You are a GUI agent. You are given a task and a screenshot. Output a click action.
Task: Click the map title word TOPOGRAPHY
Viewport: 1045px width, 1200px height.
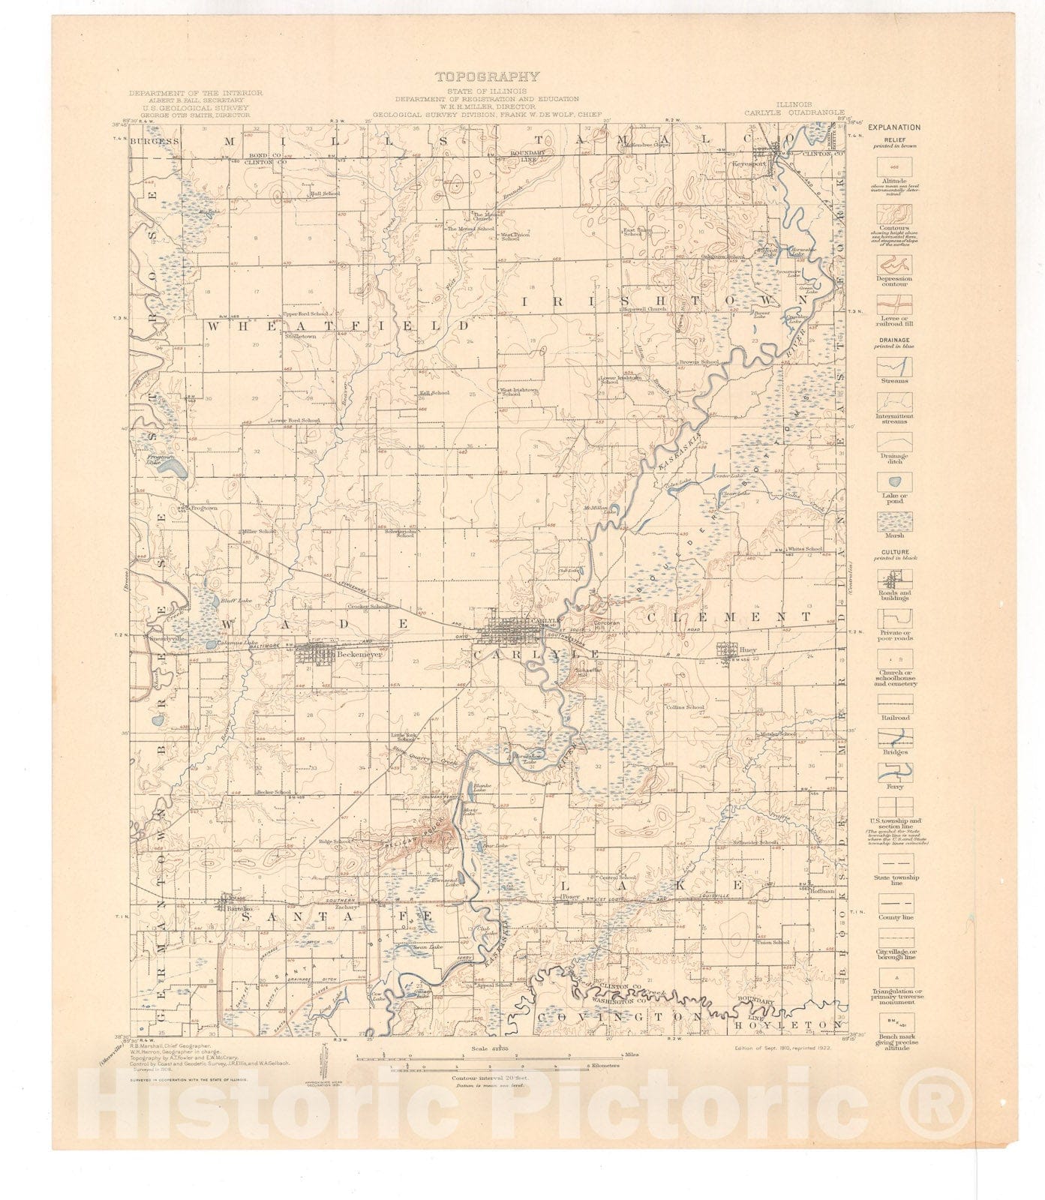click(x=487, y=76)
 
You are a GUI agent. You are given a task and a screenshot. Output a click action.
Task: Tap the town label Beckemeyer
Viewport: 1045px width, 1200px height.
click(x=359, y=654)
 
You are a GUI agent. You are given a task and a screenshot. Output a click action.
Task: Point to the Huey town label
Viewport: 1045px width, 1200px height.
click(x=747, y=650)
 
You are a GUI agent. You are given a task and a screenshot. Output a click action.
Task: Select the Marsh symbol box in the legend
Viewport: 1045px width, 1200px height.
click(x=894, y=521)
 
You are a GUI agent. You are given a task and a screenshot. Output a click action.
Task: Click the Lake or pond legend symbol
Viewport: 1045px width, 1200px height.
click(x=894, y=483)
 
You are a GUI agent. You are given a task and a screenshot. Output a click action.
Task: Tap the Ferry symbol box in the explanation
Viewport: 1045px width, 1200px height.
click(x=894, y=772)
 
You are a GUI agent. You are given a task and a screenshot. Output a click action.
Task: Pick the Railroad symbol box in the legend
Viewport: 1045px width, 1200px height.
click(x=894, y=703)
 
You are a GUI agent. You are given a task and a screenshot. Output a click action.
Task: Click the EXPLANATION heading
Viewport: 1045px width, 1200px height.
click(x=894, y=127)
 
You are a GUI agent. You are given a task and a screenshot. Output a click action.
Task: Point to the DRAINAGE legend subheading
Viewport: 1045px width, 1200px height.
click(x=894, y=339)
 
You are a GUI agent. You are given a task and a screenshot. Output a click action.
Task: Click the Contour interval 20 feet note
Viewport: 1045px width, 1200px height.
click(x=487, y=1078)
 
